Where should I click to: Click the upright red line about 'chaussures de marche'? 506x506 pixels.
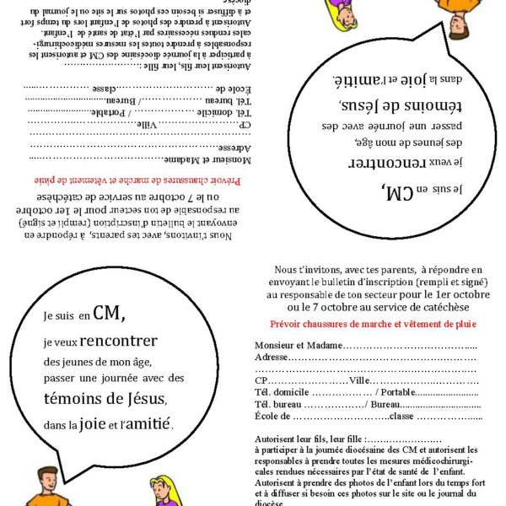coord(373,324)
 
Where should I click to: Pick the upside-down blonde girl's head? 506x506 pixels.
coord(342,13)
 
